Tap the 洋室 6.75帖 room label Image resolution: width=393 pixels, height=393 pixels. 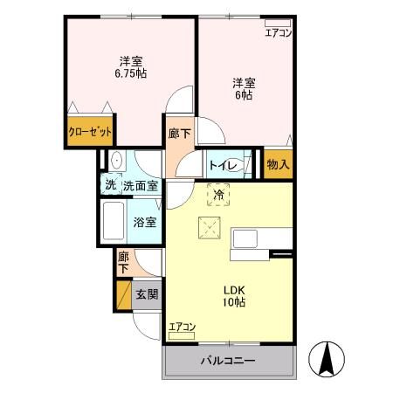coord(132,68)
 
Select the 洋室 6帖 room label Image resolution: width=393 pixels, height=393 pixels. coord(243,89)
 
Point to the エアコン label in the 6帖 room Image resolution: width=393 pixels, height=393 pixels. coord(279,33)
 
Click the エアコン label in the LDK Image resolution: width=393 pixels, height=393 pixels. coord(183,327)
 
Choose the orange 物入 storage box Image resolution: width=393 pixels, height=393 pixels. coord(278,163)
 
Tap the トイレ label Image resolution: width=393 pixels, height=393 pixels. coord(218,163)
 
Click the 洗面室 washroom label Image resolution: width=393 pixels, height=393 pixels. coord(140,185)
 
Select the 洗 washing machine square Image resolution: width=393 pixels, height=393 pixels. coord(110,184)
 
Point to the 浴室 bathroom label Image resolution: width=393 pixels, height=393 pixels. coord(144,222)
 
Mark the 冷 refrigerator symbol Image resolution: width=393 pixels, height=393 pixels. coord(219,193)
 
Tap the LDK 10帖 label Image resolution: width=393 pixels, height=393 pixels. coord(234,295)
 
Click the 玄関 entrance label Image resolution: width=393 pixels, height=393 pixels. coord(146,294)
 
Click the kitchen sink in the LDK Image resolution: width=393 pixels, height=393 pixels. coord(244,238)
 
